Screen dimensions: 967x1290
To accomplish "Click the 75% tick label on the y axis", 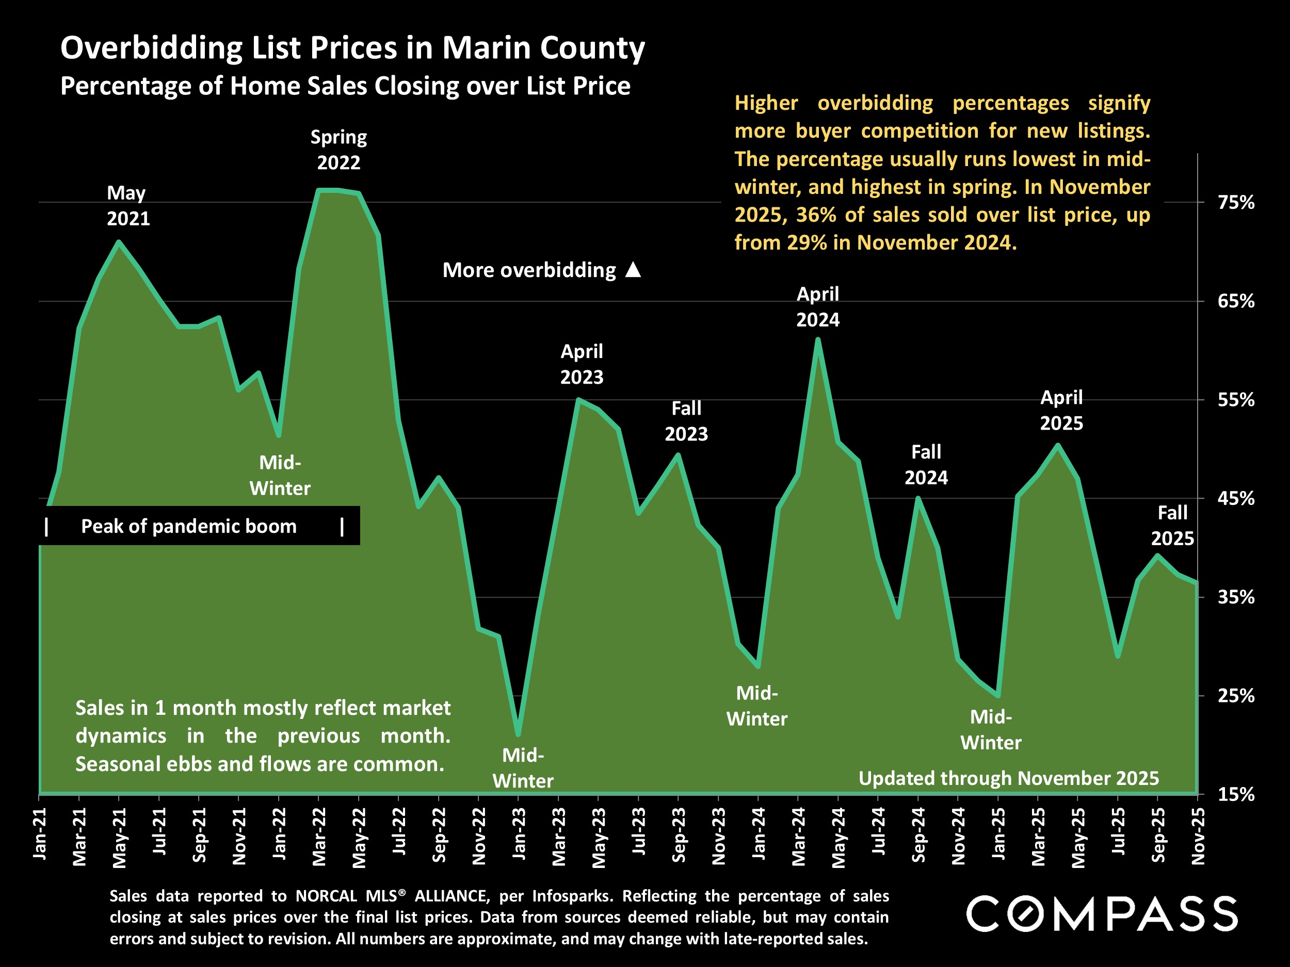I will tap(1236, 202).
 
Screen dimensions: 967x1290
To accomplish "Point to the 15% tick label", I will tap(1236, 794).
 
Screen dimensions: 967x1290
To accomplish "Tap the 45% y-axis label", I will tap(1236, 498).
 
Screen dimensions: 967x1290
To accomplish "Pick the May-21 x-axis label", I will tap(119, 838).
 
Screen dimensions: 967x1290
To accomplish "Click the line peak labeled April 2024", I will tap(818, 339).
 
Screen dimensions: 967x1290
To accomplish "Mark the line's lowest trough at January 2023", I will tap(519, 734).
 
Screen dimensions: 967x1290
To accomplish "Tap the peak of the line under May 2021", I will tap(119, 241).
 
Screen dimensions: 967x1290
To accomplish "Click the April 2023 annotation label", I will tap(582, 364).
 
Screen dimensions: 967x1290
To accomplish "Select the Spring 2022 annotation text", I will tap(338, 150).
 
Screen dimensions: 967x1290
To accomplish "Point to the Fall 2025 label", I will tap(1172, 525).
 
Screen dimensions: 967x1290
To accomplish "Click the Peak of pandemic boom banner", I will tap(189, 527).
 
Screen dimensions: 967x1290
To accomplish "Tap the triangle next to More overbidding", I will tap(633, 270).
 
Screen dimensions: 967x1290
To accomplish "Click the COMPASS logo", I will tap(1102, 914).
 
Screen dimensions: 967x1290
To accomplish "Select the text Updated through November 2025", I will tap(1008, 778).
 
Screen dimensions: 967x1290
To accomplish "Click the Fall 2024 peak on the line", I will tap(918, 498).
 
